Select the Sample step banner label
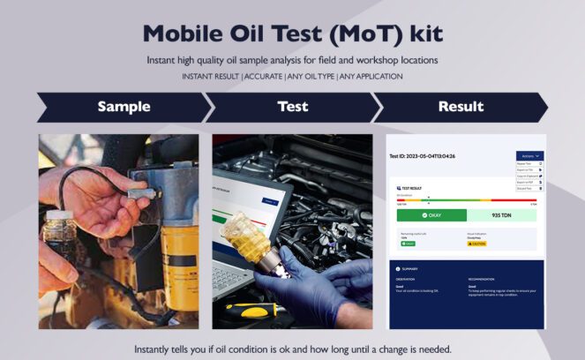tap(124, 107)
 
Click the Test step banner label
tap(292, 107)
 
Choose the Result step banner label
tap(461, 107)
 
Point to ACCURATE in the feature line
tap(263, 77)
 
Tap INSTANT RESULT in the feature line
tap(212, 77)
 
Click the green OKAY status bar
tap(431, 214)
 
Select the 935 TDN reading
tap(501, 214)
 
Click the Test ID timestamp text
tap(423, 156)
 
